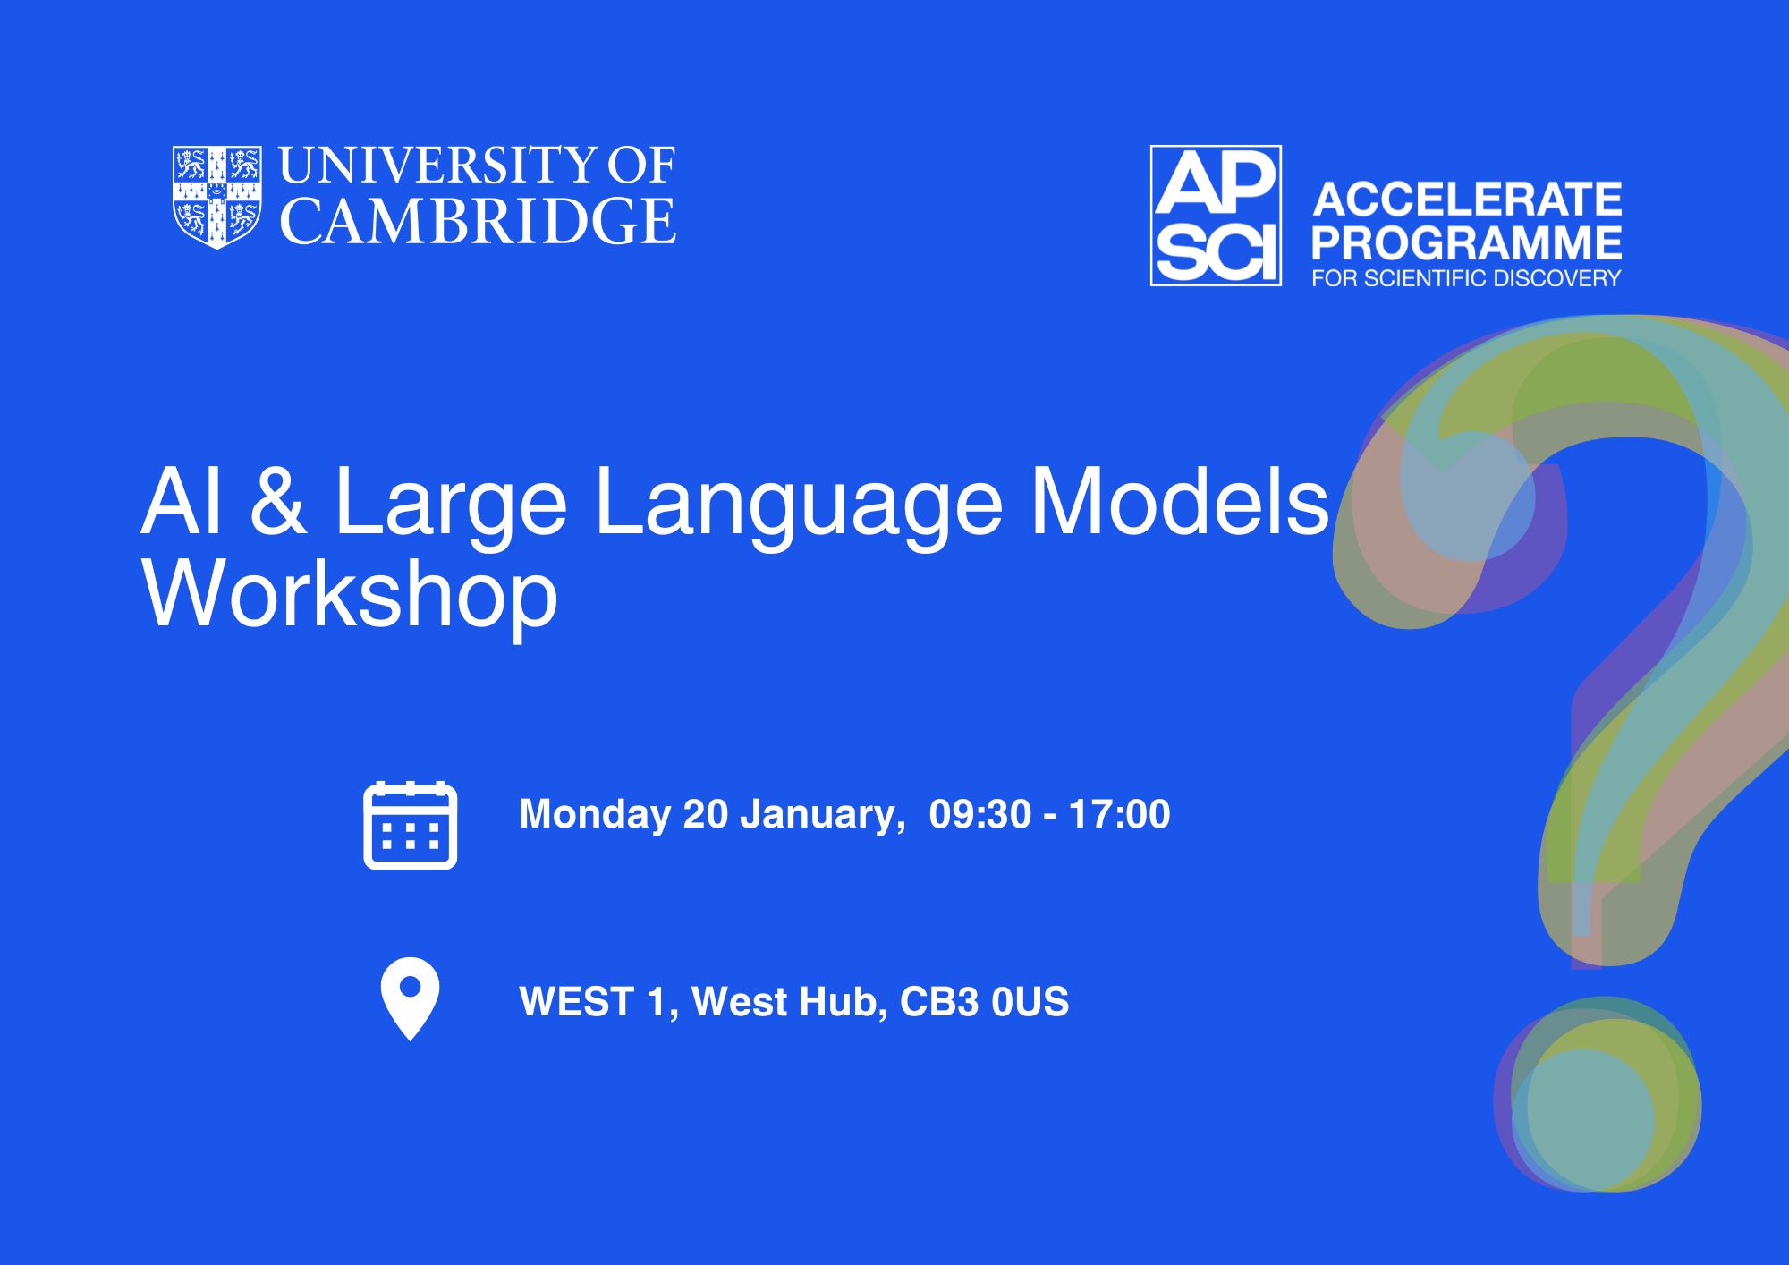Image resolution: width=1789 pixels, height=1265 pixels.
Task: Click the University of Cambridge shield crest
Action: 217,197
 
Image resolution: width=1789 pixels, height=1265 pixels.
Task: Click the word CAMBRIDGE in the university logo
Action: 479,221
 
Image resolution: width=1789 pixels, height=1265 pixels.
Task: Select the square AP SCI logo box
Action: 1216,216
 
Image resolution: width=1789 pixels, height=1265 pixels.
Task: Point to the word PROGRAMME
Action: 1467,242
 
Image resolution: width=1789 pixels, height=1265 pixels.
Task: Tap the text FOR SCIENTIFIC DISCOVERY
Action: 1466,278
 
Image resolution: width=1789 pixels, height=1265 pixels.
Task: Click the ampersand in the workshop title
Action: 277,502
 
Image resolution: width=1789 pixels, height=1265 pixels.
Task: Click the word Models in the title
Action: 1181,502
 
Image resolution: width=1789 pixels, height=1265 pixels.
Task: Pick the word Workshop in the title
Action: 350,596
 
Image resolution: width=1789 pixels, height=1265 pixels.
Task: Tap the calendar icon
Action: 411,825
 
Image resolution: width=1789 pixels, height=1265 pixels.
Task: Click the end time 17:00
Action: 1119,814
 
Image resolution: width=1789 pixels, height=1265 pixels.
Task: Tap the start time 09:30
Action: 980,814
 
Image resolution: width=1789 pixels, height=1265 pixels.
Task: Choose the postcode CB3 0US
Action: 984,1002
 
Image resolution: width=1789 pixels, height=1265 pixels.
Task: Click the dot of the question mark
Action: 1598,1094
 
